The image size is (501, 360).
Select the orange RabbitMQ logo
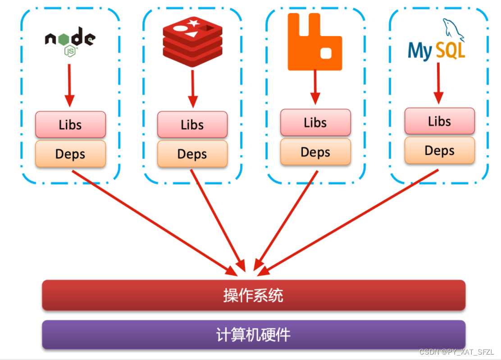[x=314, y=41]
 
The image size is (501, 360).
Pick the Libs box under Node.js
[x=70, y=125]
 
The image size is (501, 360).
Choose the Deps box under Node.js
[x=70, y=154]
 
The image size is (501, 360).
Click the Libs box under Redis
[x=192, y=125]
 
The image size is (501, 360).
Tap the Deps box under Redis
[x=192, y=154]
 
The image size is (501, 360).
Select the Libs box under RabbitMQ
[x=315, y=123]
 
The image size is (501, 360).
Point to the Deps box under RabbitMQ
[x=315, y=152]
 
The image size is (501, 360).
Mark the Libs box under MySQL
[x=439, y=121]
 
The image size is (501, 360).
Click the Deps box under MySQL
[x=439, y=150]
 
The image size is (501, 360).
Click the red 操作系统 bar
[x=253, y=296]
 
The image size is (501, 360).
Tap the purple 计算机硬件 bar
[x=253, y=335]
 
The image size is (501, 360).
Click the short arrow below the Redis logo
[x=192, y=88]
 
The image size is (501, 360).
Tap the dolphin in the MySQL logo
[x=453, y=29]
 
